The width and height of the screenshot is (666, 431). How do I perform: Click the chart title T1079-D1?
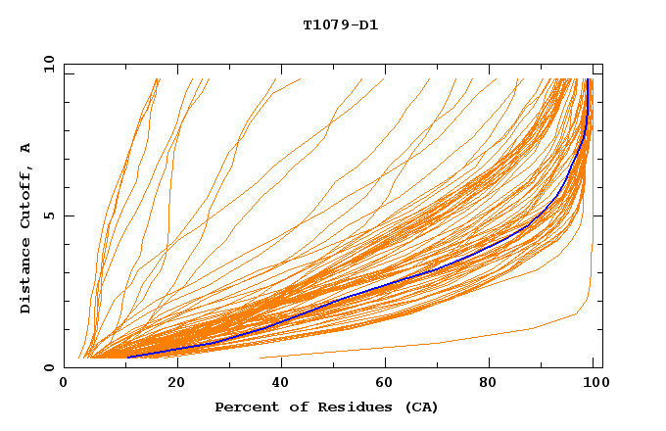pyautogui.click(x=340, y=24)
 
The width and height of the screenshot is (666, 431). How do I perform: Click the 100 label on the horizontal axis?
pyautogui.click(x=595, y=385)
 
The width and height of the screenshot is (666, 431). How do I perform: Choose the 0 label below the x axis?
pyautogui.click(x=65, y=385)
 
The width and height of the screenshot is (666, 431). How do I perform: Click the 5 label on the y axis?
pyautogui.click(x=48, y=215)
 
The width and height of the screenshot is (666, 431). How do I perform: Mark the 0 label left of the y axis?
pyautogui.click(x=48, y=367)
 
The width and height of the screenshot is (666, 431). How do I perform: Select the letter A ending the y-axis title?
pyautogui.click(x=26, y=148)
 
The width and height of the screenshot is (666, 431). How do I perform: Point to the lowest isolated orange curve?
pyautogui.click(x=441, y=343)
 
